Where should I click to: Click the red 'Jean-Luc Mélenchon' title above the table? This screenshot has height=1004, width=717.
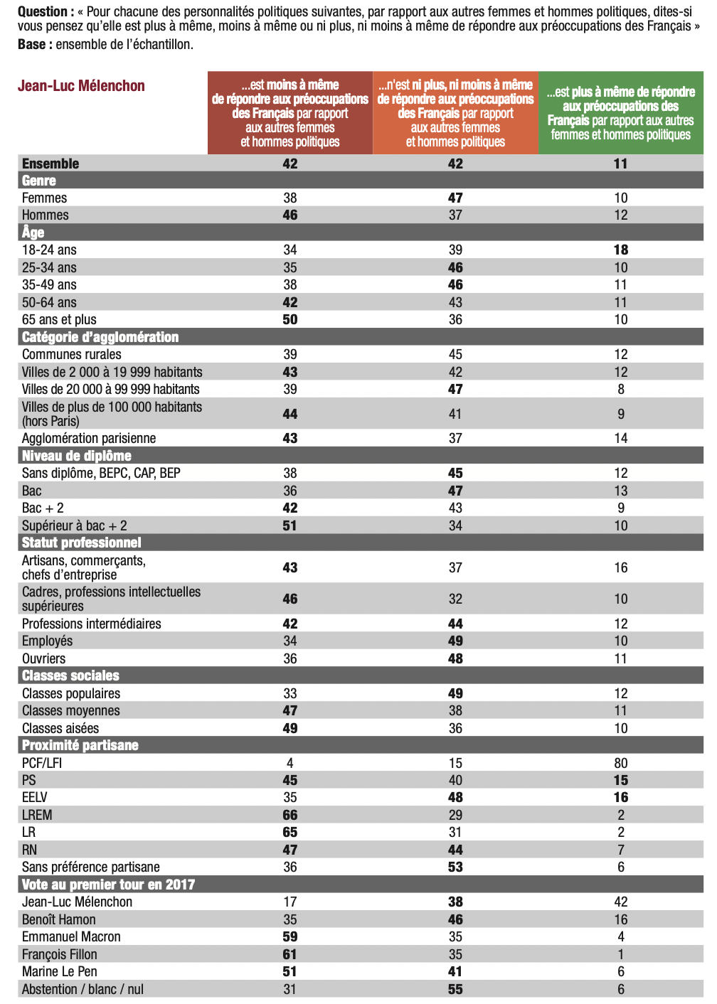click(81, 86)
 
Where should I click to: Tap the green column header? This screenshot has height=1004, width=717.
click(620, 113)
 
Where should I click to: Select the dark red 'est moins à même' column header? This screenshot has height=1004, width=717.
click(290, 113)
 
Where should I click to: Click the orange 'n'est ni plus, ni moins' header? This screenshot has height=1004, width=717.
click(455, 113)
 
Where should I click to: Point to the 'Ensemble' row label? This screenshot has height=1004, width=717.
click(51, 164)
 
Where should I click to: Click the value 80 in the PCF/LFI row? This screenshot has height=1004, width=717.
click(620, 763)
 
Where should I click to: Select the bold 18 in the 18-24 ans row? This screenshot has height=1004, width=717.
click(620, 250)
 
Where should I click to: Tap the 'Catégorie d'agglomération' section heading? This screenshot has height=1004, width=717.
click(100, 337)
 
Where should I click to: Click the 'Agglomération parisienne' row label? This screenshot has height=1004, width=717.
click(89, 438)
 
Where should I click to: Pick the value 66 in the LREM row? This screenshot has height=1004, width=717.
click(290, 815)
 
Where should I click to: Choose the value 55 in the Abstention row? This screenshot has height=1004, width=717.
click(455, 989)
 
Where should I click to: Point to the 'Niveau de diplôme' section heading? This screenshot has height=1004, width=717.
click(77, 456)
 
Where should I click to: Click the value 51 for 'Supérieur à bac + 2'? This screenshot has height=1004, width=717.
click(290, 525)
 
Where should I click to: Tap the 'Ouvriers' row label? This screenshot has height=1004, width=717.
click(43, 658)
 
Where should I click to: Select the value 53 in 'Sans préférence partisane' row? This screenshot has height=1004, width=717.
click(455, 867)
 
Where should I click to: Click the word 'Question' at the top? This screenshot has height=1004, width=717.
click(42, 11)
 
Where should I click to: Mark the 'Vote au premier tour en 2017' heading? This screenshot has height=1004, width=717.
click(108, 885)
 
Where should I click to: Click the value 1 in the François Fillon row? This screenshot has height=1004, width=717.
click(620, 954)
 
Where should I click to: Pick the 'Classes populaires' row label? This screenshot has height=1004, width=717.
click(71, 693)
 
